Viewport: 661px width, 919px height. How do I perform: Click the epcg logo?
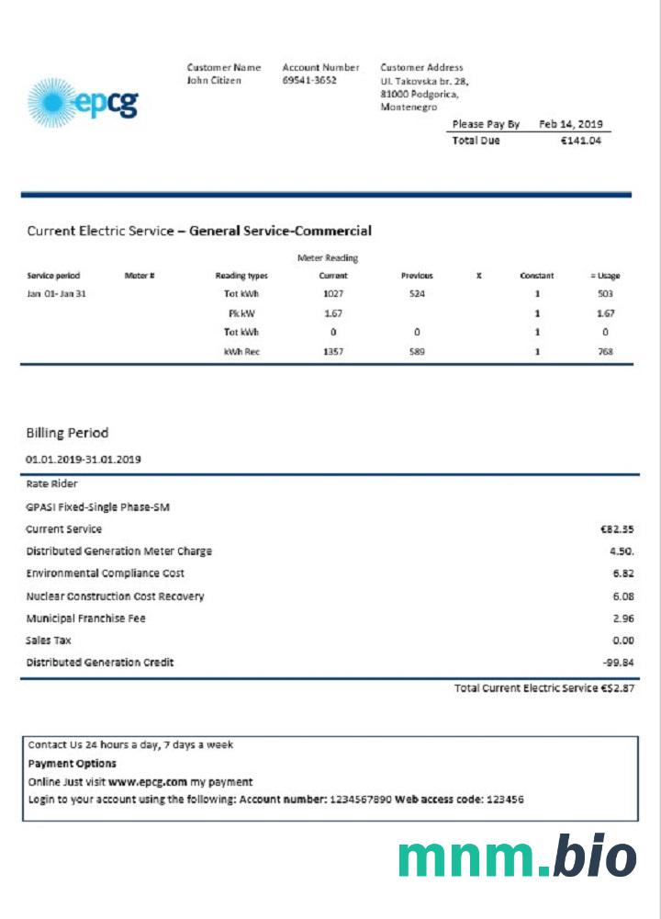83,102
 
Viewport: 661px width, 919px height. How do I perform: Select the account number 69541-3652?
309,80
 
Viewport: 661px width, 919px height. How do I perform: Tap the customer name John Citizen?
214,80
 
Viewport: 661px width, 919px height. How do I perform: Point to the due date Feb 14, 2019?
570,124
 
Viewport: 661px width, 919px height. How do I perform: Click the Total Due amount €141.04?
581,141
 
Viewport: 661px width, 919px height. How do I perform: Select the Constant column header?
536,276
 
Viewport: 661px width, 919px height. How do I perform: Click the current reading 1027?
333,294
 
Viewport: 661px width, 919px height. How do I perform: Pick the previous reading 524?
417,294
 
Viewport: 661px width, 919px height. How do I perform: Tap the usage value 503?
605,294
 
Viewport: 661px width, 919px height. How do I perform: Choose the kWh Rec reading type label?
242,352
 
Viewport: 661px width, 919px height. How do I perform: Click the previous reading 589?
417,352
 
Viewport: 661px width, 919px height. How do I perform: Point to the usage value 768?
605,352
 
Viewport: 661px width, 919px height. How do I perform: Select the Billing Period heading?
67,433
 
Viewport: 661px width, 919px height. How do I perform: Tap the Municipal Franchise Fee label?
85,618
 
